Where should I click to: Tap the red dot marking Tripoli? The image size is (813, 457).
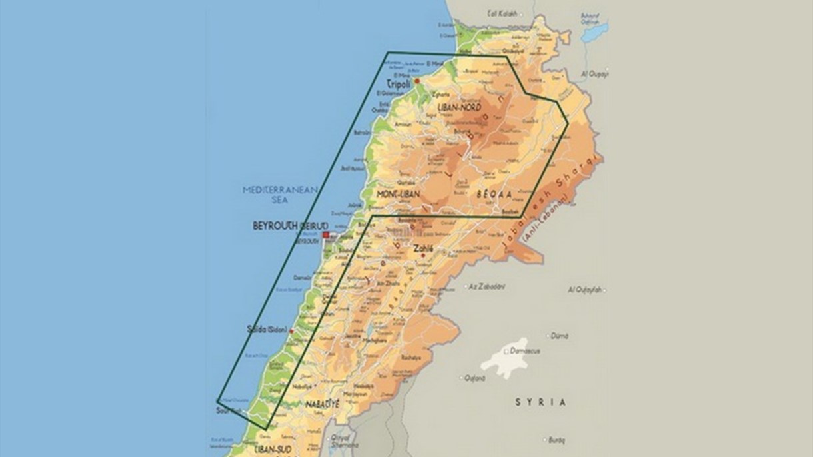[417, 81]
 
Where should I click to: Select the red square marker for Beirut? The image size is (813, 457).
[325, 236]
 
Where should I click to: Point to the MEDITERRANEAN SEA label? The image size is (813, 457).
[281, 194]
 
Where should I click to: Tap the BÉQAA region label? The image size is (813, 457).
[494, 194]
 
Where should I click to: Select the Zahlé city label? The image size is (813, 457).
[423, 248]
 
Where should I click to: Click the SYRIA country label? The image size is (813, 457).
[540, 402]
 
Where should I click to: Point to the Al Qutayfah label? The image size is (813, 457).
[585, 289]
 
